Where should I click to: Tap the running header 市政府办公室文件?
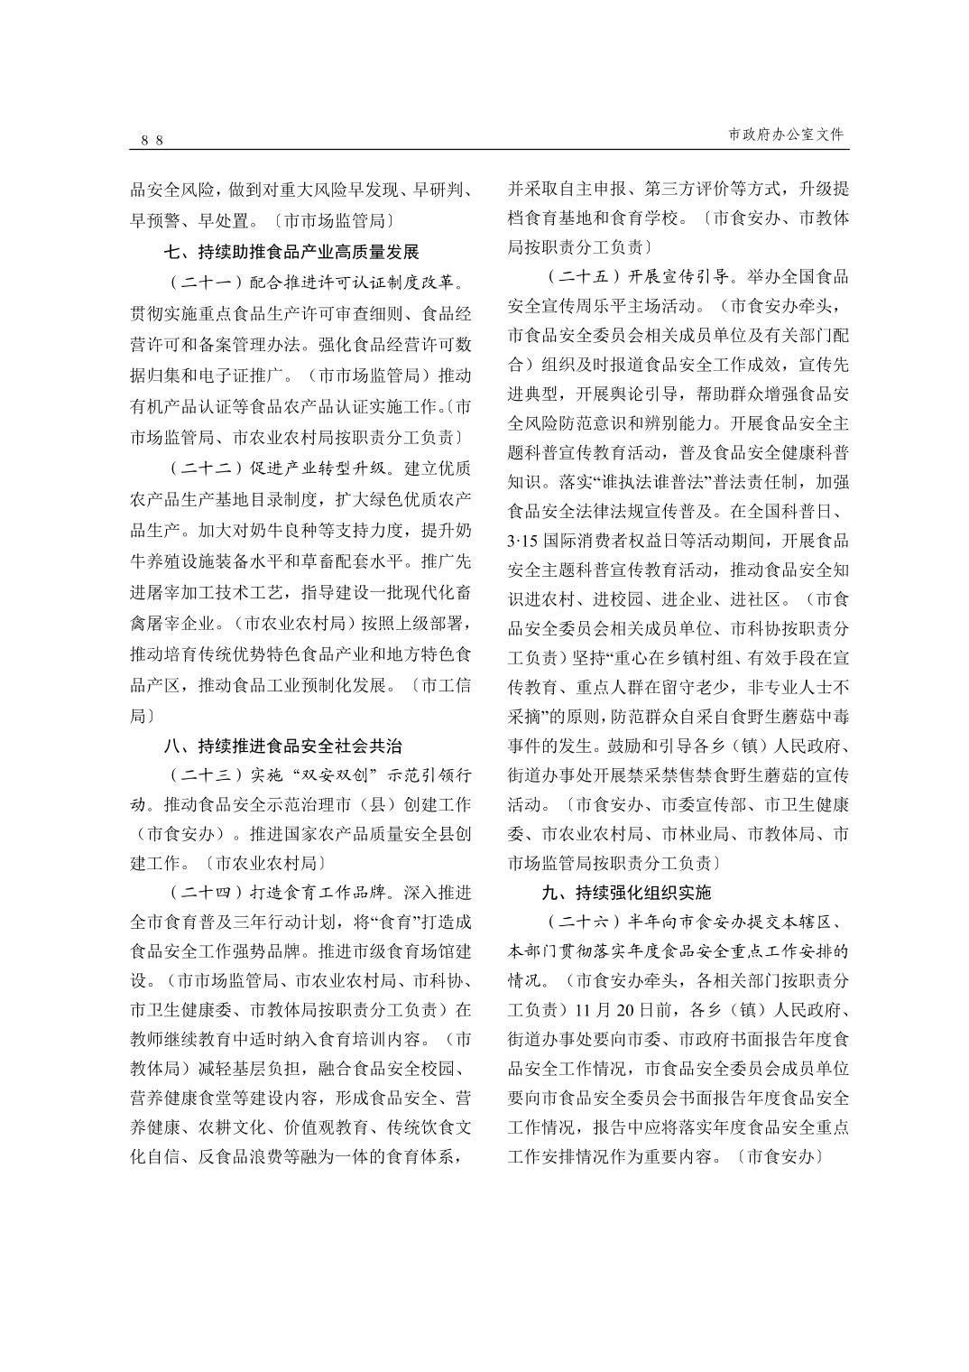pos(787,134)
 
